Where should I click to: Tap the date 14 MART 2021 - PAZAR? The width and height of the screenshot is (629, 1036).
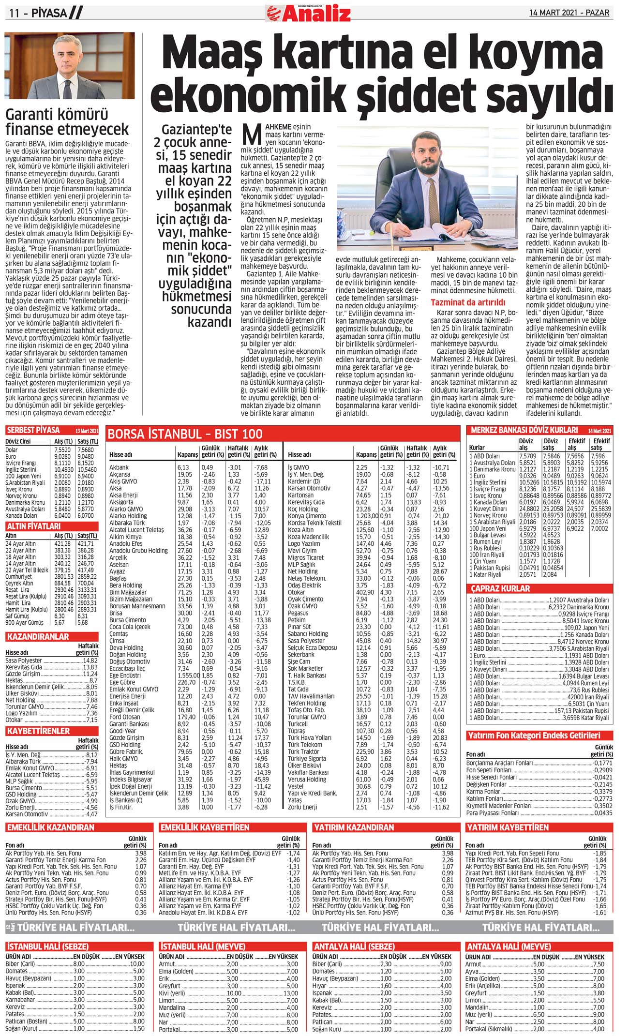pos(569,13)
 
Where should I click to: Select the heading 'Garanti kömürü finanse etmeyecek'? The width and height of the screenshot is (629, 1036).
pos(67,122)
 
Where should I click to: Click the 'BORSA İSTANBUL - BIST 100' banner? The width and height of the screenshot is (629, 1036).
pos(185,434)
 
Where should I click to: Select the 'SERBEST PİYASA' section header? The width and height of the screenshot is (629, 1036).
pos(33,430)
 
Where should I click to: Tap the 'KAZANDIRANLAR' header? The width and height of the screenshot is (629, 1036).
pos(38,636)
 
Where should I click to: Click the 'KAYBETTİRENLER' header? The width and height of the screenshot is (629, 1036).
pos(38,731)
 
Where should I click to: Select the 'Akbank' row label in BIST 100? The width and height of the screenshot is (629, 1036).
pos(119,467)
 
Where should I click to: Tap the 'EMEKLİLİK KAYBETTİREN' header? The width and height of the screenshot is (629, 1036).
pos(205,827)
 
